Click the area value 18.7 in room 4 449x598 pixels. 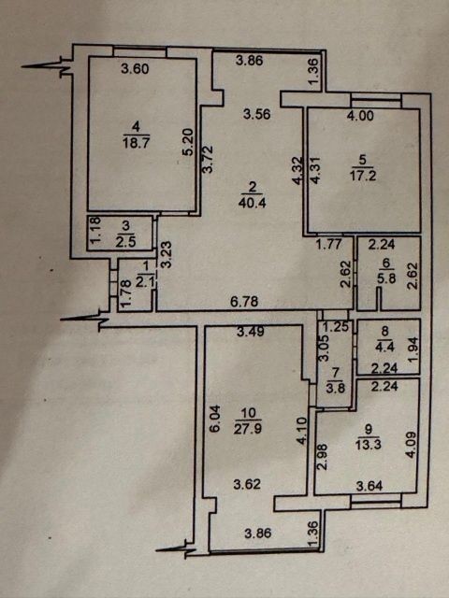[136, 143]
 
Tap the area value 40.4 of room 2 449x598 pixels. [252, 203]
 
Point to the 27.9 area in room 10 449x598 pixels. [248, 428]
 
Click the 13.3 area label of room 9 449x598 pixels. [368, 445]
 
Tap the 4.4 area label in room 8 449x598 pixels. [385, 348]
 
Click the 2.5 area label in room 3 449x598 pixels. [125, 242]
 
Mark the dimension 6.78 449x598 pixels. [245, 302]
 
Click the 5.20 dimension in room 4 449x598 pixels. [189, 143]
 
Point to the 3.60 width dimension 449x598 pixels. [135, 69]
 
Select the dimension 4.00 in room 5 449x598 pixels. [360, 115]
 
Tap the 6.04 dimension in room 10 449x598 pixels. [215, 419]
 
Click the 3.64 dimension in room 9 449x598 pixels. [369, 486]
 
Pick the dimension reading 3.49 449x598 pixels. [251, 332]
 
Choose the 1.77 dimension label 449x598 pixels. [329, 244]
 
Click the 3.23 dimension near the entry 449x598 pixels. [167, 255]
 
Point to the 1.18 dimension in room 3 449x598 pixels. [95, 230]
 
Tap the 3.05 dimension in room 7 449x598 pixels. [324, 348]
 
